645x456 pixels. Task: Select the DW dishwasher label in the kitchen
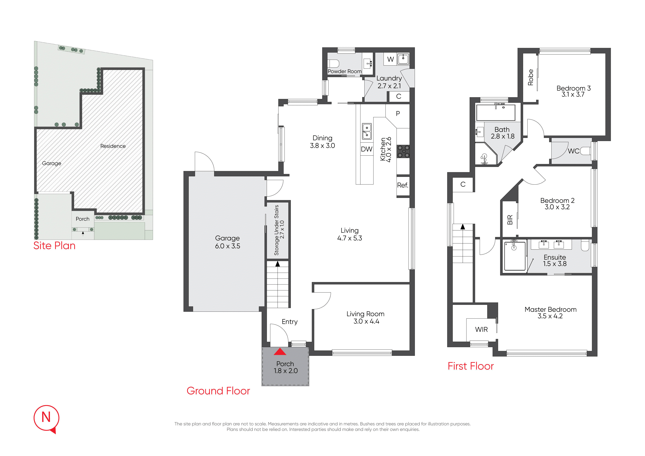[367, 149]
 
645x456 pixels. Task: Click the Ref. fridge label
[402, 185]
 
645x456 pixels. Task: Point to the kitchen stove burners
[403, 152]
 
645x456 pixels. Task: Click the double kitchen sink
[367, 131]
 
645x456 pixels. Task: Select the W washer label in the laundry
[391, 59]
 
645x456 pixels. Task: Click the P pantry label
[398, 113]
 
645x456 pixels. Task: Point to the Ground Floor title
[218, 391]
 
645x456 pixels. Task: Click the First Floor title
[471, 366]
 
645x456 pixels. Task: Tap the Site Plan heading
[54, 246]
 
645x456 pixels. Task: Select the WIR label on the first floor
[482, 329]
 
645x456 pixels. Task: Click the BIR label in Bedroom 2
[510, 220]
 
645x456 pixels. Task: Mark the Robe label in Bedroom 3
[530, 77]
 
